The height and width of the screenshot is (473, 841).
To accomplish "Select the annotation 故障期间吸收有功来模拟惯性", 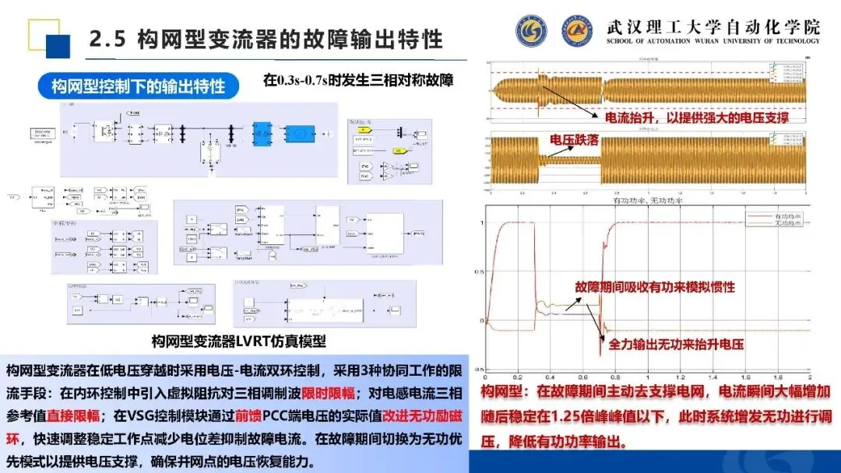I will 655,287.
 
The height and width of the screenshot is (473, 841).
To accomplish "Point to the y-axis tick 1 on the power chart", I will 483,223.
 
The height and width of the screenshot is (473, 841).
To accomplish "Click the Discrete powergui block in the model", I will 48,136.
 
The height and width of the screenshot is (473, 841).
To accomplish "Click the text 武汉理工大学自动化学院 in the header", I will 713,25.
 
